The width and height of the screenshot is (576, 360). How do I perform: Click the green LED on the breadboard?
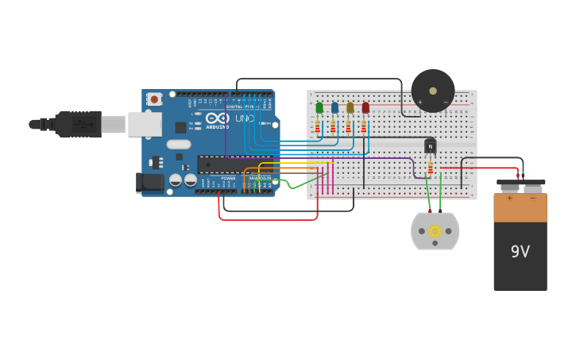coord(319,107)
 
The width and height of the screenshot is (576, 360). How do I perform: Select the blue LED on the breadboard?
coord(334,107)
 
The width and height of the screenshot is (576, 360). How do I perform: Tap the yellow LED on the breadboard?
coord(350,107)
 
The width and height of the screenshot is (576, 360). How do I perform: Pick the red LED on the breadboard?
coord(365,107)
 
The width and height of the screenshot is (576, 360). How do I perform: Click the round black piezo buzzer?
coord(433,91)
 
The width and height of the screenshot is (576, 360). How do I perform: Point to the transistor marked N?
coord(430,146)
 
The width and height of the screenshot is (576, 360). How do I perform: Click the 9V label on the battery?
coord(520,252)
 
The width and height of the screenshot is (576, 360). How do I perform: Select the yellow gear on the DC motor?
coord(435,231)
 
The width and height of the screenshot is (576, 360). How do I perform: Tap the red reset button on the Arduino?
coord(154,99)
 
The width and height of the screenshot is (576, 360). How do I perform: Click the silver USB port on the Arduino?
coord(145,124)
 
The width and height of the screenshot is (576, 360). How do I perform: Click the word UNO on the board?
coord(244,118)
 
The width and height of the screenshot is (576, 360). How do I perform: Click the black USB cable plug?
coord(78,124)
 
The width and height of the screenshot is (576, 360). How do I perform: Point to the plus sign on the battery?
coord(509,198)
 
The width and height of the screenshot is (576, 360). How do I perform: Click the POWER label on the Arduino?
coord(228,178)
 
